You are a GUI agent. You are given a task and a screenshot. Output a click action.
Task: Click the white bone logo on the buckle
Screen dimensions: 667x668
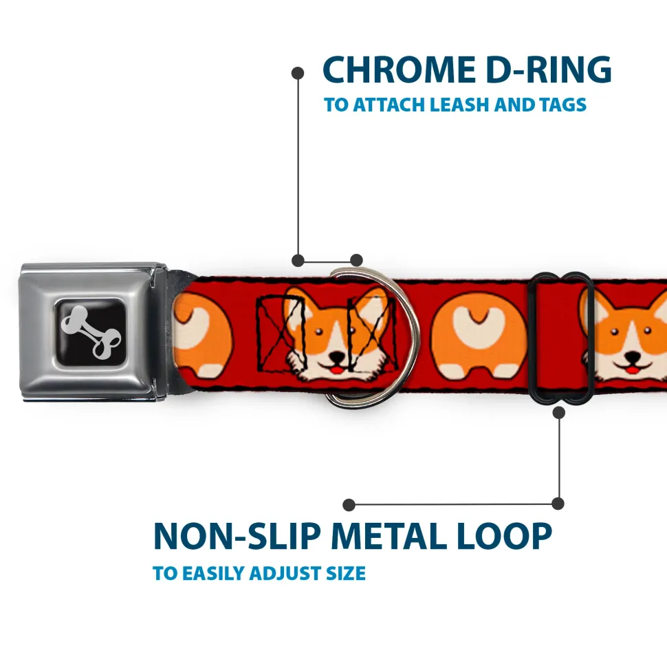pyautogui.click(x=91, y=332)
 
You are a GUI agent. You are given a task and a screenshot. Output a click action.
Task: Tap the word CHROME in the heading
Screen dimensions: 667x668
pyautogui.click(x=399, y=69)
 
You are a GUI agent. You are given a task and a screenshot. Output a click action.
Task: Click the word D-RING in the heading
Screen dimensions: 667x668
pyautogui.click(x=549, y=69)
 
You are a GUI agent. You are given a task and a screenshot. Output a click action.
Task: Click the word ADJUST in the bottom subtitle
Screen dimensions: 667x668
pyautogui.click(x=285, y=574)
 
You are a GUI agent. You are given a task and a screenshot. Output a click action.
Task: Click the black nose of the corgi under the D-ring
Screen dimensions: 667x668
pyautogui.click(x=338, y=356)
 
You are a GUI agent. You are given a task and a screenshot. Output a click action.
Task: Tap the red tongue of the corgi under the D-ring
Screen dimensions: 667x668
pyautogui.click(x=338, y=369)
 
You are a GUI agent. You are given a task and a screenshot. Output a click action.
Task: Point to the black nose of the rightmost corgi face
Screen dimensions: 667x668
pyautogui.click(x=632, y=356)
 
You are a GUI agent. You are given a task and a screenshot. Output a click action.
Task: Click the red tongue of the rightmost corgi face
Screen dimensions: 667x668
pyautogui.click(x=632, y=369)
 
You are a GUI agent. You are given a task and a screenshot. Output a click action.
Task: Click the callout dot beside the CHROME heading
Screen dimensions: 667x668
pyautogui.click(x=298, y=73)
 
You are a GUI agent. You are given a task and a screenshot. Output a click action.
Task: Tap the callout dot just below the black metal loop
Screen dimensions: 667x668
pyautogui.click(x=559, y=412)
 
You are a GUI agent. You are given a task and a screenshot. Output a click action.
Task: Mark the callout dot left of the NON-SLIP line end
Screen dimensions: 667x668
pyautogui.click(x=349, y=505)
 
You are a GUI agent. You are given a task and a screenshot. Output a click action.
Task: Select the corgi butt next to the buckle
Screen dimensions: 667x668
pyautogui.click(x=203, y=335)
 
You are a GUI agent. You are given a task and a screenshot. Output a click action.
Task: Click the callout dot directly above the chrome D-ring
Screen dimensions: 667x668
pyautogui.click(x=356, y=260)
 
